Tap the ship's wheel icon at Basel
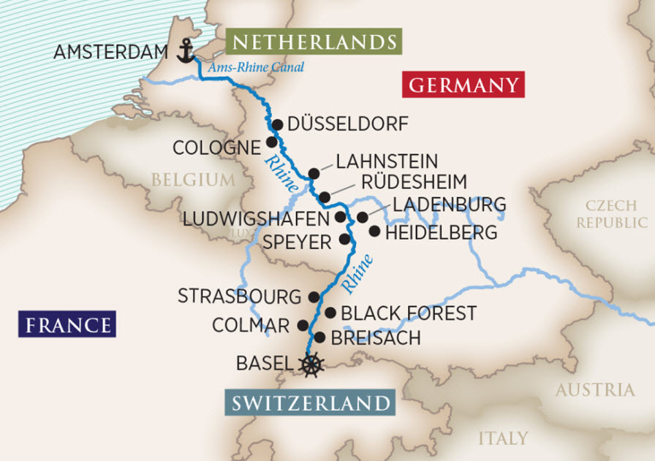(x=312, y=363)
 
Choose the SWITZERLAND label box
(x=311, y=403)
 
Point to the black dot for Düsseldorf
(x=277, y=124)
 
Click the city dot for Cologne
(x=271, y=142)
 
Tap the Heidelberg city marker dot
(x=374, y=232)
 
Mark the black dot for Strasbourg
(x=314, y=297)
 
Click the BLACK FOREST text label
(x=409, y=313)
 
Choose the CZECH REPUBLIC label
(x=611, y=214)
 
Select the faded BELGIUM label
(x=194, y=179)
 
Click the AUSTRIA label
(x=594, y=390)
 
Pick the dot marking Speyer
(x=345, y=239)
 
